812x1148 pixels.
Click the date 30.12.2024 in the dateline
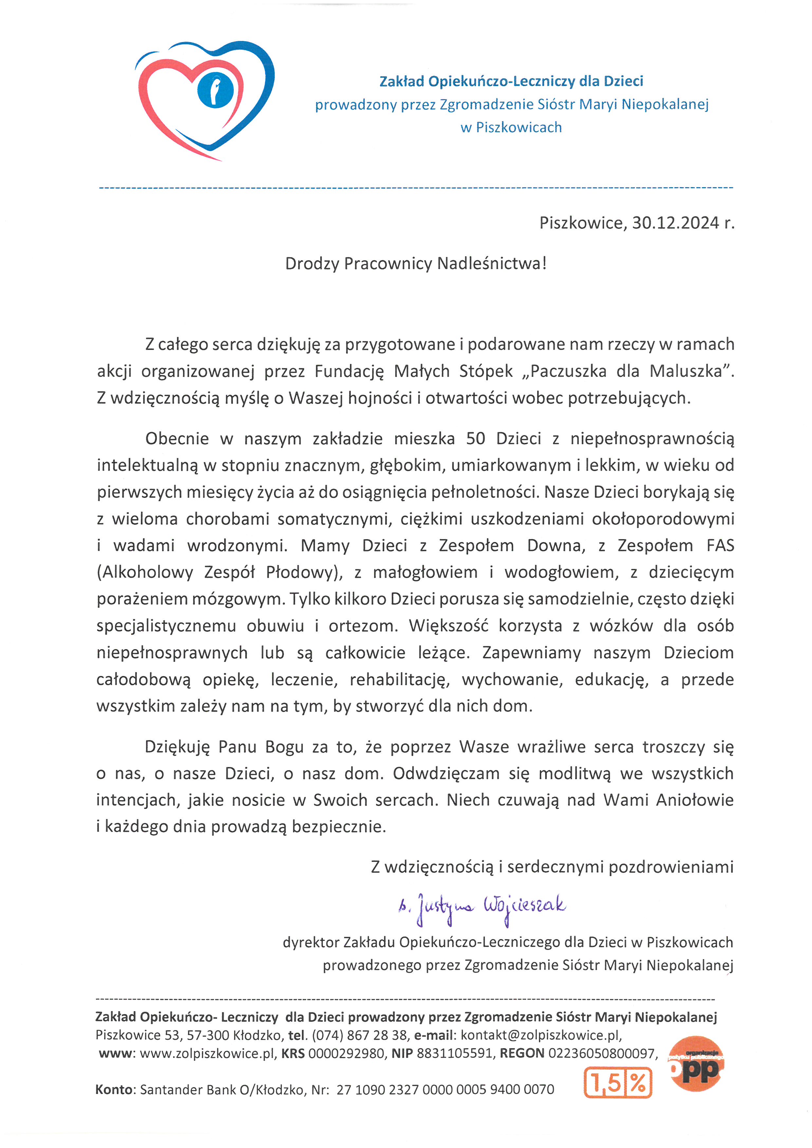pyautogui.click(x=675, y=223)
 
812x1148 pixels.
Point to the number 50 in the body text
pyautogui.click(x=475, y=439)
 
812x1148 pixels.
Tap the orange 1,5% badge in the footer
pyautogui.click(x=618, y=1083)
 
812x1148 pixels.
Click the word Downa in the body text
pyautogui.click(x=556, y=545)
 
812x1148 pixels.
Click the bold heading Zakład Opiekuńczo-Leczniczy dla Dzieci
pyautogui.click(x=511, y=81)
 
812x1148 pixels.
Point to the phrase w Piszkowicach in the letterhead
pyautogui.click(x=511, y=127)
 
